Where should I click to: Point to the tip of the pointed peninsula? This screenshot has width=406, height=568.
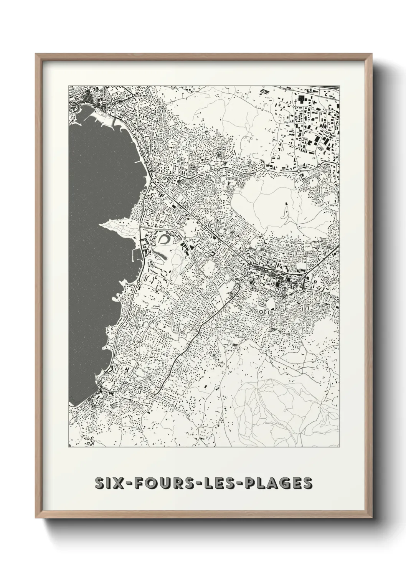coord(101,224)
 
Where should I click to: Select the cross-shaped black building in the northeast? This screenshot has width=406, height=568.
coord(301,99)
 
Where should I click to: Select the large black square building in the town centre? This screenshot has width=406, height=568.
coord(277,284)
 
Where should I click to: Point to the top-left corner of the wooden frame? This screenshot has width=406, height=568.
coord(36,54)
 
